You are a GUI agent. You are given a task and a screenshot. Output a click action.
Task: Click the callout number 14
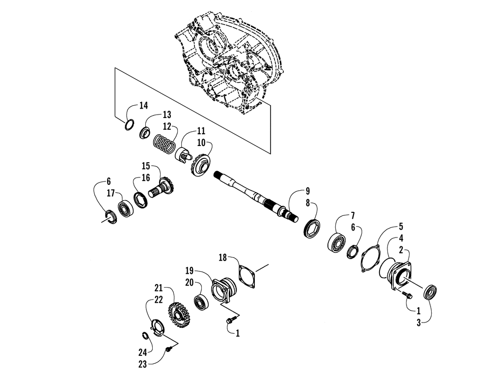coord(143,106)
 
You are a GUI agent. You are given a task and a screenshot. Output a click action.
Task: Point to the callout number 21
coord(158,288)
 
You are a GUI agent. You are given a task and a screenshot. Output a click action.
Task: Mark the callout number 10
coord(202,142)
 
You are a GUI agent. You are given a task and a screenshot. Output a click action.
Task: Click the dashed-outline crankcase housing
coord(226,64)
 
